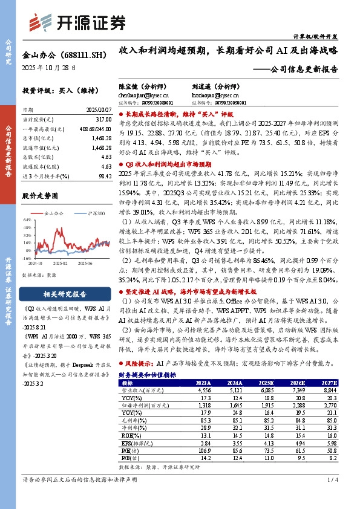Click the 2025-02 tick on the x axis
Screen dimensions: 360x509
pos(59,263)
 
